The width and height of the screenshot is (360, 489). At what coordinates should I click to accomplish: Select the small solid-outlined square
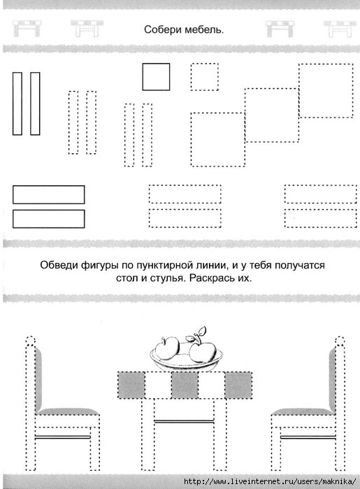pyautogui.click(x=156, y=77)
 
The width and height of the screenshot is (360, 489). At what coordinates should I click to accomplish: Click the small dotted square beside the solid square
pyautogui.click(x=204, y=77)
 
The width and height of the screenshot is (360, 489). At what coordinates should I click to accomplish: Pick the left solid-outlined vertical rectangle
pyautogui.click(x=17, y=104)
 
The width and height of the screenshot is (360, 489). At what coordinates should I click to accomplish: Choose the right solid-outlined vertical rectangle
pyautogui.click(x=35, y=104)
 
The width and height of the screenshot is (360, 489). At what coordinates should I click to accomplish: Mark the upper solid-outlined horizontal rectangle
pyautogui.click(x=48, y=194)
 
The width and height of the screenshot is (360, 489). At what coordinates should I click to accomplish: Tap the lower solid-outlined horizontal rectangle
pyautogui.click(x=48, y=218)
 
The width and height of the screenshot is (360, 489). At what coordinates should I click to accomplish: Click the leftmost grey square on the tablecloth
pyautogui.click(x=129, y=385)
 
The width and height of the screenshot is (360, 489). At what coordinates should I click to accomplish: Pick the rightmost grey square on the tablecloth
pyautogui.click(x=238, y=385)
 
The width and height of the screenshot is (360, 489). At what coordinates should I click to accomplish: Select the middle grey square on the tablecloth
pyautogui.click(x=183, y=385)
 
